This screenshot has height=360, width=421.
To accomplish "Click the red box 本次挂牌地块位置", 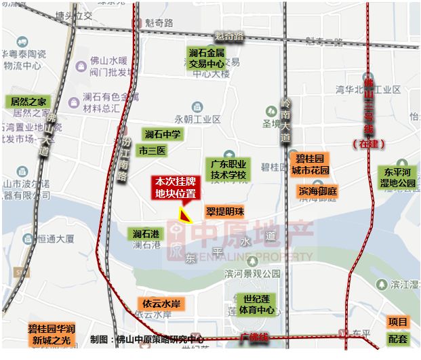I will tap(176, 187).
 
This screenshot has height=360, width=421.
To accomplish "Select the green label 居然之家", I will tap(28, 102).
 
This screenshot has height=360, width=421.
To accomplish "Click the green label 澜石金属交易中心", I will tap(207, 58).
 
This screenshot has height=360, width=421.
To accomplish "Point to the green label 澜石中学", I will tap(162, 134).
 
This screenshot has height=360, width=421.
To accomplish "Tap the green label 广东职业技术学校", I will tap(228, 169).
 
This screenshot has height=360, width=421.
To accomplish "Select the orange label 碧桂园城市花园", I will tap(310, 164).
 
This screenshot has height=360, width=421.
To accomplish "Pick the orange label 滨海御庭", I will tap(318, 191).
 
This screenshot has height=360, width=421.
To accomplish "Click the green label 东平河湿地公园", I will tap(398, 178).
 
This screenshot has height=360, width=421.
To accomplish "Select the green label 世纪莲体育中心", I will tap(257, 304).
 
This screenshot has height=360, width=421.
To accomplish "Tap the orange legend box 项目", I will tap(398, 322).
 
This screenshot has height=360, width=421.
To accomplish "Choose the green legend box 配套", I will tap(398, 338).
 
